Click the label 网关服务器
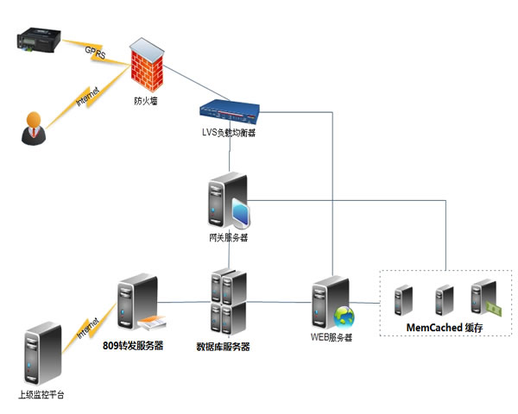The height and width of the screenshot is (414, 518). pyautogui.click(x=228, y=237)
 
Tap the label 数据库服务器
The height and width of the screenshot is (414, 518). pyautogui.click(x=223, y=347)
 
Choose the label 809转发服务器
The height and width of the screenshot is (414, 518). pyautogui.click(x=133, y=346)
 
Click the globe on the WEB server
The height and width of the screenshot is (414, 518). pyautogui.click(x=344, y=316)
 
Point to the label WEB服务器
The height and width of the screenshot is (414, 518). pyautogui.click(x=332, y=337)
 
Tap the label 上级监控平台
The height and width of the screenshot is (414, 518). pyautogui.click(x=41, y=395)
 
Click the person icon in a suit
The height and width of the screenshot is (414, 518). pyautogui.click(x=32, y=126)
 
